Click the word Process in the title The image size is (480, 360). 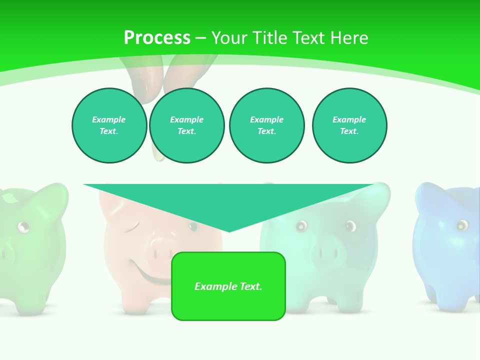[x=157, y=38]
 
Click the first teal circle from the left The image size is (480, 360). [x=109, y=125]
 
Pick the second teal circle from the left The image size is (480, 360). [x=186, y=125]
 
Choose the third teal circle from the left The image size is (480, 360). [x=266, y=125]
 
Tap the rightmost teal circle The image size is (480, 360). [x=349, y=125]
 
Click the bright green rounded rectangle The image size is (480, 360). [x=228, y=286]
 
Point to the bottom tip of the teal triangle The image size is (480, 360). [x=229, y=231]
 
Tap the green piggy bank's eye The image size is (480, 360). [x=23, y=227]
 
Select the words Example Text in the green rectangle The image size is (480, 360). [x=228, y=286]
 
